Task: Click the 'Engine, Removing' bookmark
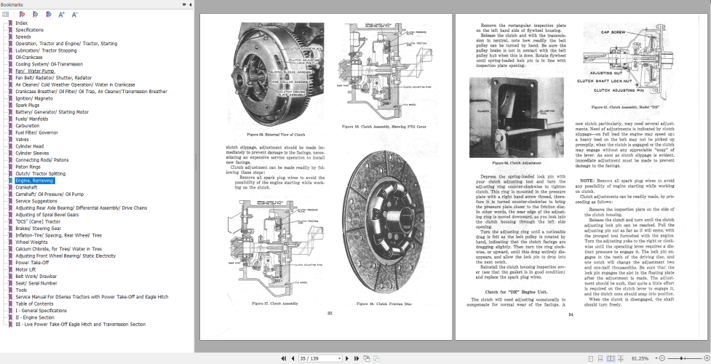(34, 180)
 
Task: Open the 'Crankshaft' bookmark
(28, 187)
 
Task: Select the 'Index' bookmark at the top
(21, 23)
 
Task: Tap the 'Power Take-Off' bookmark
(32, 262)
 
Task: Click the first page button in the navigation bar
(284, 358)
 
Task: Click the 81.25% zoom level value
(640, 358)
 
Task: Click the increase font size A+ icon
(61, 14)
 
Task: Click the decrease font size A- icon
(75, 14)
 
